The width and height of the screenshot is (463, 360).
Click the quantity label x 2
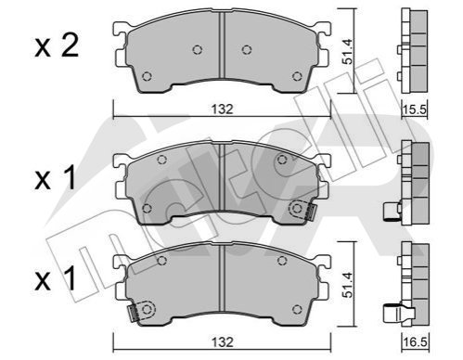pos(57,46)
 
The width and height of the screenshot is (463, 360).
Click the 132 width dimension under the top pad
pos(222,109)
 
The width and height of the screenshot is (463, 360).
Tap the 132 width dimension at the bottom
pos(222,342)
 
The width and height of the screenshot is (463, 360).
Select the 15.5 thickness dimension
pos(415,109)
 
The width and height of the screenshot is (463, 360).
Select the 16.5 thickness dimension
pos(415,342)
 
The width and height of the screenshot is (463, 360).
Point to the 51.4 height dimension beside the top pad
pos(348,51)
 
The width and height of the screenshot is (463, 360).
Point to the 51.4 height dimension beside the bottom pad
pos(348,285)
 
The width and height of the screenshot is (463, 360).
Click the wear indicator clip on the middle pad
pos(302,211)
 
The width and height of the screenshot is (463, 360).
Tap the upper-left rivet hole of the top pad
pos(198,49)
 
